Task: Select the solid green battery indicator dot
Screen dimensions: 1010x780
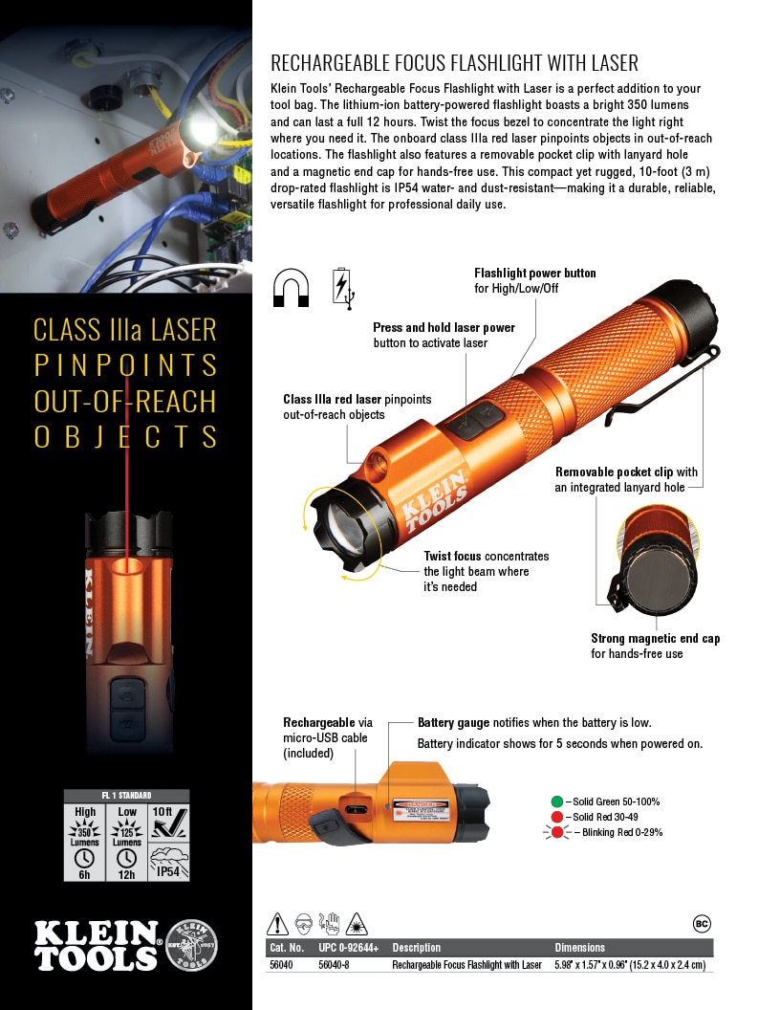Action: (x=556, y=801)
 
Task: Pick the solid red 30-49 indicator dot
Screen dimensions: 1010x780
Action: (x=556, y=816)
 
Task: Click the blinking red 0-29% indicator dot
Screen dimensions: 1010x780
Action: (x=556, y=832)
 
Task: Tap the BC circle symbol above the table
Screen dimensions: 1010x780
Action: (x=701, y=924)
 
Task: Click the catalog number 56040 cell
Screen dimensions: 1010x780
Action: (x=281, y=965)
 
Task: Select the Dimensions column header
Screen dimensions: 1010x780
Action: (x=580, y=948)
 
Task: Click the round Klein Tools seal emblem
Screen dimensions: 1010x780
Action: (x=191, y=946)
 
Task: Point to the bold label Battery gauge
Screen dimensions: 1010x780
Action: (x=453, y=723)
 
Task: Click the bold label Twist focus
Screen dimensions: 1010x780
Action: (x=453, y=556)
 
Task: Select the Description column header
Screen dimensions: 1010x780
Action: (x=416, y=948)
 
